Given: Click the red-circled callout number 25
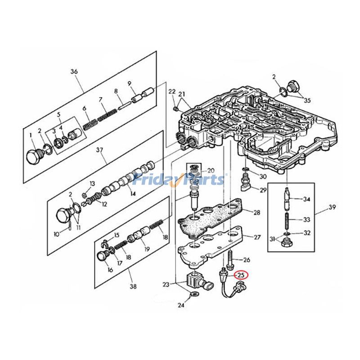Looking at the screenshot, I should click(x=241, y=275).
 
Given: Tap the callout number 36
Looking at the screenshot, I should click(x=74, y=71).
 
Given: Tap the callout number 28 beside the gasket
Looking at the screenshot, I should click(x=256, y=212).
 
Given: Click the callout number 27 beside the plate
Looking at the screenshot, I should click(x=256, y=237).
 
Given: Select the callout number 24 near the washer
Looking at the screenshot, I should click(x=180, y=305).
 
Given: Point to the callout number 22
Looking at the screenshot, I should click(x=171, y=92).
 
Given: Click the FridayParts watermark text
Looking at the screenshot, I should click(x=180, y=180).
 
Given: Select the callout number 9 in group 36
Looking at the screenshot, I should click(x=129, y=83).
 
